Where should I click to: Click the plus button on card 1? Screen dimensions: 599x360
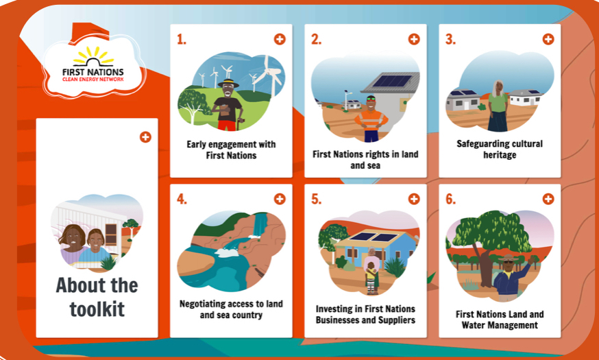280,39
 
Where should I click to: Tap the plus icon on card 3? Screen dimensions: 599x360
548,39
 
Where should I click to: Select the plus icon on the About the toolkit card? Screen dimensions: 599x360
145,137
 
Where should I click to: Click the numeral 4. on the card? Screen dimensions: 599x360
182,199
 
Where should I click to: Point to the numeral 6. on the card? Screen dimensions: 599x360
450,199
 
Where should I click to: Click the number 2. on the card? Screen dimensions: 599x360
316,39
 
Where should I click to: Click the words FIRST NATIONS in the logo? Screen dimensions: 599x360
93,72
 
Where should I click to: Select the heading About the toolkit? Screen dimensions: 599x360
97,298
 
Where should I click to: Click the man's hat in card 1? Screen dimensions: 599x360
228,83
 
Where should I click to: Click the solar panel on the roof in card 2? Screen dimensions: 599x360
391,82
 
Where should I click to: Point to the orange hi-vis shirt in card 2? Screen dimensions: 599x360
371,120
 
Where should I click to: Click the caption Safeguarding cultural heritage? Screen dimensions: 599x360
500,149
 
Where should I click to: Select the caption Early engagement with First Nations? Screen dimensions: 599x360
231,149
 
